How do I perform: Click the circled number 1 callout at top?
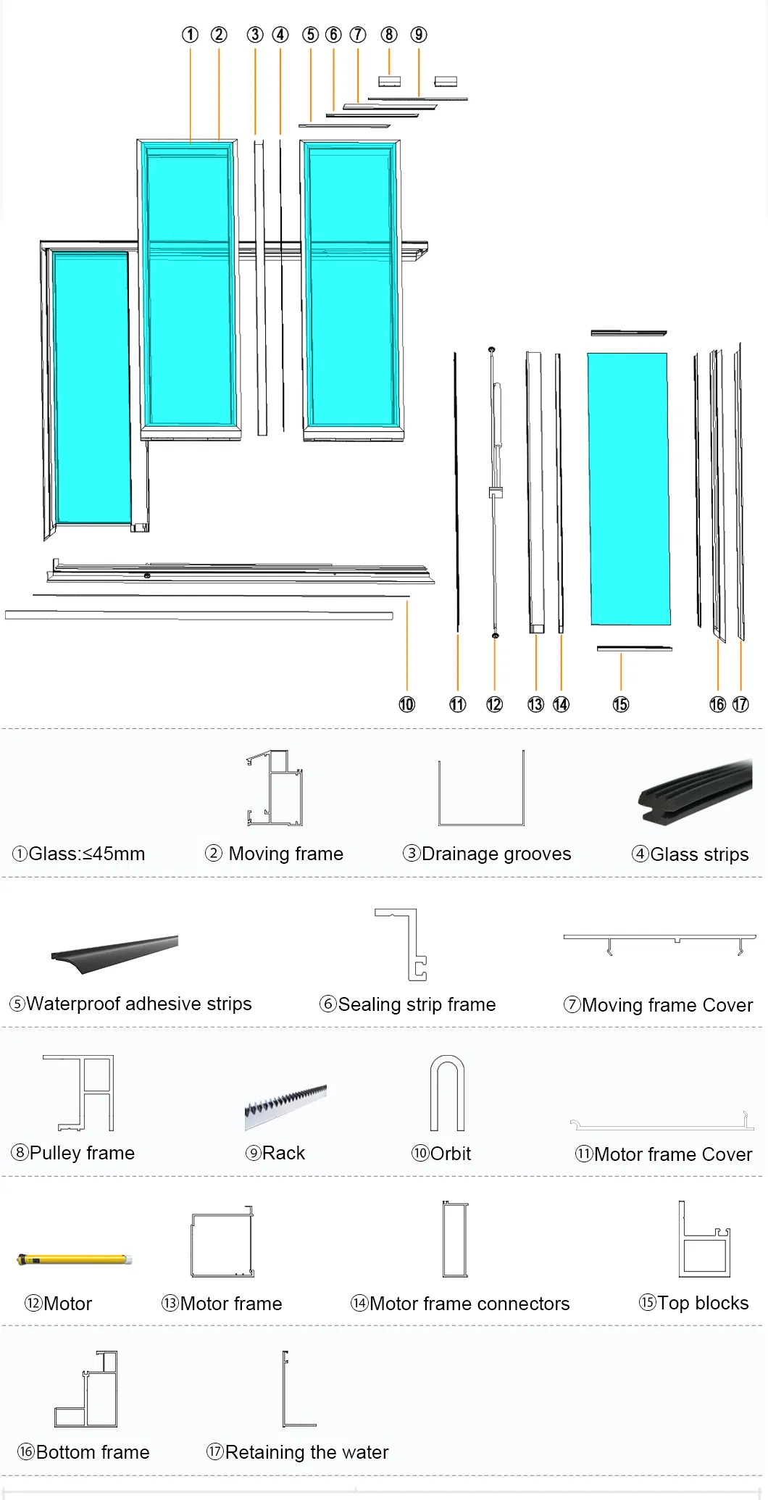click(x=190, y=35)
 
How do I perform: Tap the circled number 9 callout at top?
click(x=418, y=35)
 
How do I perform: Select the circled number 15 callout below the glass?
click(x=621, y=704)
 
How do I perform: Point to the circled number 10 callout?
click(x=406, y=704)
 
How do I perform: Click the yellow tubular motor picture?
click(x=75, y=1259)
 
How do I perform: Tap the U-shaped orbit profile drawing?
click(x=447, y=1093)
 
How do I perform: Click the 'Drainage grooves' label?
click(x=487, y=854)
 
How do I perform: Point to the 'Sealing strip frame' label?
click(x=408, y=1004)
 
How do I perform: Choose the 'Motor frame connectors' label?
click(x=460, y=1304)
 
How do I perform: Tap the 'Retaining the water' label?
click(x=298, y=1452)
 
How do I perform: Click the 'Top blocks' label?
click(x=693, y=1303)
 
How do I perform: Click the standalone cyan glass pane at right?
click(x=628, y=489)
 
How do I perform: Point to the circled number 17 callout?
click(x=740, y=704)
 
